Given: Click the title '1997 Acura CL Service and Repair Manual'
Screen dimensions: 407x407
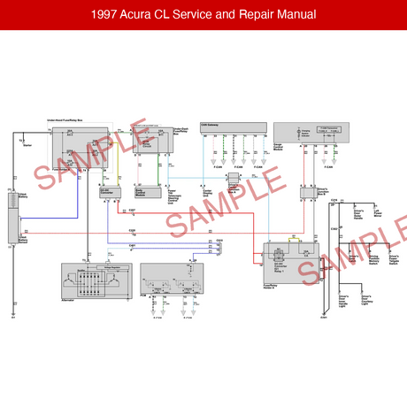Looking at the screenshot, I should [x=203, y=16].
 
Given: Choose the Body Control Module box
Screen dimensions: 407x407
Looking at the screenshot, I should [x=142, y=191].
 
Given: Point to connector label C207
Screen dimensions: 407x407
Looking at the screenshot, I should [x=132, y=210].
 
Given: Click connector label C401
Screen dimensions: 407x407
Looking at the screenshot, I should [x=132, y=244].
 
